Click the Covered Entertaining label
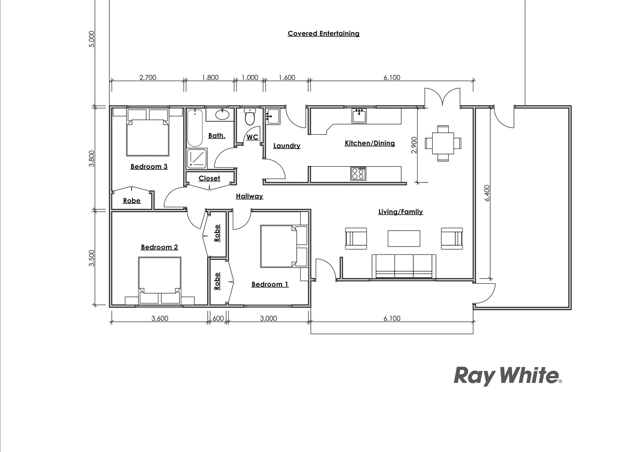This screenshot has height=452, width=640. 323,33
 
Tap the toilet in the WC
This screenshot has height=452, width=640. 250,117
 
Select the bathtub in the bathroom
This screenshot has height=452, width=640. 195,128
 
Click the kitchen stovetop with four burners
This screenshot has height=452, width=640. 358,173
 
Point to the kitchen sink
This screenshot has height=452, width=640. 359,116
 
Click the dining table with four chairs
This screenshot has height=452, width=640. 443,143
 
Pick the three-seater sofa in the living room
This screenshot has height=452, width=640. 404,266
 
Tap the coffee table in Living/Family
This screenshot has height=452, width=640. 404,239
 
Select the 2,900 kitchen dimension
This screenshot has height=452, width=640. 414,145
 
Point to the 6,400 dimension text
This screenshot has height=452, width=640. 487,193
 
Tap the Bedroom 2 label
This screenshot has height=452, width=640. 159,247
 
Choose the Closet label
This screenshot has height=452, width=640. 209,178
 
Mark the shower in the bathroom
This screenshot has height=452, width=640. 196,159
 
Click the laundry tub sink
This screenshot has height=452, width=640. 273,116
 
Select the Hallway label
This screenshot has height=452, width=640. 249,196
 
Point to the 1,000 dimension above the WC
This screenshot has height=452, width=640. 250,77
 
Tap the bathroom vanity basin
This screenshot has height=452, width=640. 222,114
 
